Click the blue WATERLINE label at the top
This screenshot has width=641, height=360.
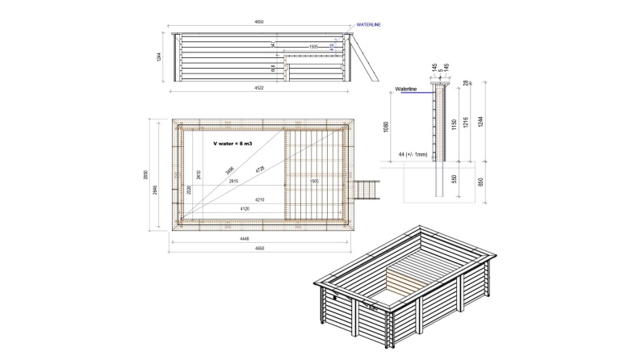[368, 25]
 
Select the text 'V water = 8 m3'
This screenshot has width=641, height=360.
[231, 143]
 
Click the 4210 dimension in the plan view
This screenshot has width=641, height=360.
[260, 199]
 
